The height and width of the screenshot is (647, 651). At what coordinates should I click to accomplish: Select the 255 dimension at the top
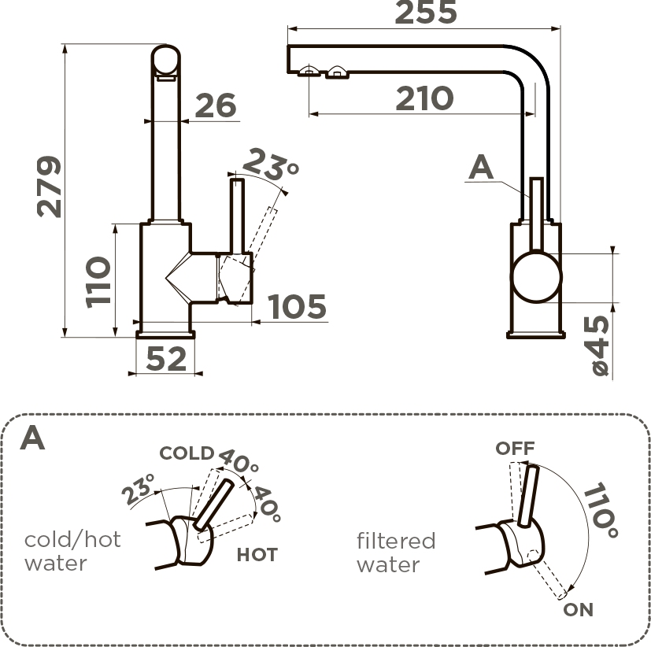click(x=425, y=13)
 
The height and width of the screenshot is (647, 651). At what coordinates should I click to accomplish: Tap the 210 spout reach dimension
click(x=424, y=98)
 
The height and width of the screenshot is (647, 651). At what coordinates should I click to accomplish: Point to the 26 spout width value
click(x=216, y=106)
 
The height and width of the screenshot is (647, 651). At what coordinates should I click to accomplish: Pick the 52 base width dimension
click(x=166, y=359)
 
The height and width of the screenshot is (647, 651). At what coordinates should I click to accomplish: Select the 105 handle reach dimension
click(x=297, y=308)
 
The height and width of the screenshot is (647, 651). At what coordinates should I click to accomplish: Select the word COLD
click(x=187, y=453)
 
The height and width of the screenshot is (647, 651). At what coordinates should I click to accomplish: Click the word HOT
click(x=257, y=555)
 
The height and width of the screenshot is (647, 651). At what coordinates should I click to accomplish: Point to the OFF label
click(x=515, y=449)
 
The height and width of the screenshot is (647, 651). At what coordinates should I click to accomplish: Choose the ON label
click(x=578, y=610)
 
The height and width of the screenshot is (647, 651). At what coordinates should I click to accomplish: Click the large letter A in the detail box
click(x=32, y=438)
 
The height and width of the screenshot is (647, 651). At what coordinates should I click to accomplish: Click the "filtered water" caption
click(x=395, y=553)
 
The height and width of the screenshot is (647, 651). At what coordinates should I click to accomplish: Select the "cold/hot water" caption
click(x=72, y=551)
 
